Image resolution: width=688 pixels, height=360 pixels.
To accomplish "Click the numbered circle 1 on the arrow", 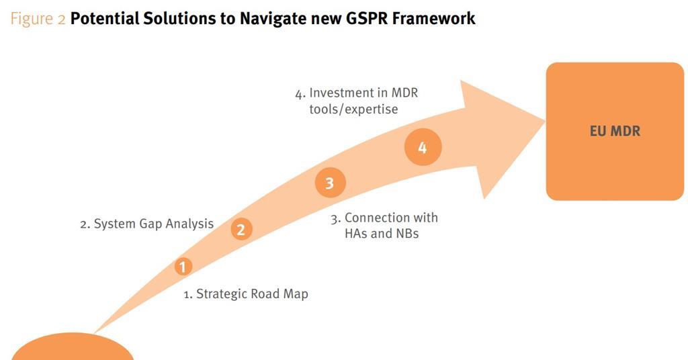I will [183, 267].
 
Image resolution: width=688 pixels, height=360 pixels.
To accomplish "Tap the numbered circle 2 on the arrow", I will [241, 229].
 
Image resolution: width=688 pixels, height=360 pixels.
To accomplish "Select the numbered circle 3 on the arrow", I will [329, 183].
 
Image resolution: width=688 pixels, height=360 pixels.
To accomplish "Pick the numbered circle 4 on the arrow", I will [423, 148].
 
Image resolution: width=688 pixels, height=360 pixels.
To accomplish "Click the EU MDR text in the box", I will [615, 131].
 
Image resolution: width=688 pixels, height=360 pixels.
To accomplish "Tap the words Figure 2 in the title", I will [38, 19].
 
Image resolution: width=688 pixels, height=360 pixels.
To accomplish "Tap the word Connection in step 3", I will [377, 218].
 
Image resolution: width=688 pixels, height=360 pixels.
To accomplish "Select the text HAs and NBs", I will [376, 234].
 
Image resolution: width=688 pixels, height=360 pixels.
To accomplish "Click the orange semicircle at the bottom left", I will [73, 349].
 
